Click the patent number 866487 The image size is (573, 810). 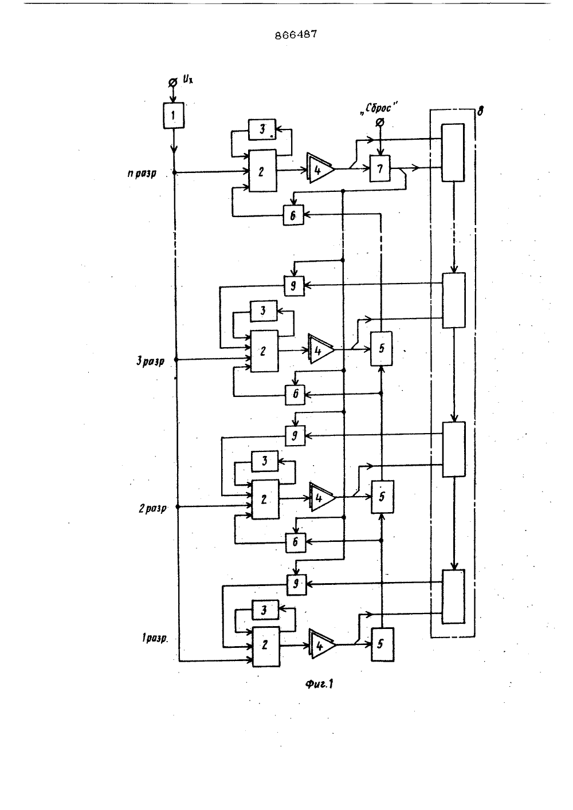(296, 35)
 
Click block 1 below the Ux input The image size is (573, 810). (173, 115)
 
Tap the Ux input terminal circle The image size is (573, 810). (173, 83)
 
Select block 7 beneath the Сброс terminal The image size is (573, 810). (380, 168)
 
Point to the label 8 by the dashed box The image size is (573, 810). (480, 111)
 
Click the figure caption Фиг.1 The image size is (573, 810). (319, 684)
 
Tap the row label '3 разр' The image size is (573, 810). (150, 361)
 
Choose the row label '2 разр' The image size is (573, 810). (152, 509)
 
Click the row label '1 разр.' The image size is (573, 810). (155, 639)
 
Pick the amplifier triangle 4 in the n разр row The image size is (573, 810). (320, 169)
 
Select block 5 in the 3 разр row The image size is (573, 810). (381, 348)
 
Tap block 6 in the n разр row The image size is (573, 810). (293, 215)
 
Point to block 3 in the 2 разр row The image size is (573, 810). (265, 461)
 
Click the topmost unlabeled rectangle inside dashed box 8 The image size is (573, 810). (453, 152)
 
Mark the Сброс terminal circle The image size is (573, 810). (379, 122)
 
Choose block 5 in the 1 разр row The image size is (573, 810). (383, 645)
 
